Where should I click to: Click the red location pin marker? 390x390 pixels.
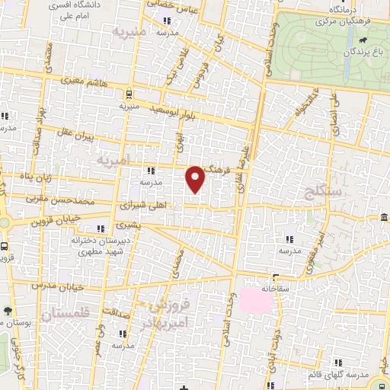[196, 178]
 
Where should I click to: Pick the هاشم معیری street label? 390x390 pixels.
[76, 78]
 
